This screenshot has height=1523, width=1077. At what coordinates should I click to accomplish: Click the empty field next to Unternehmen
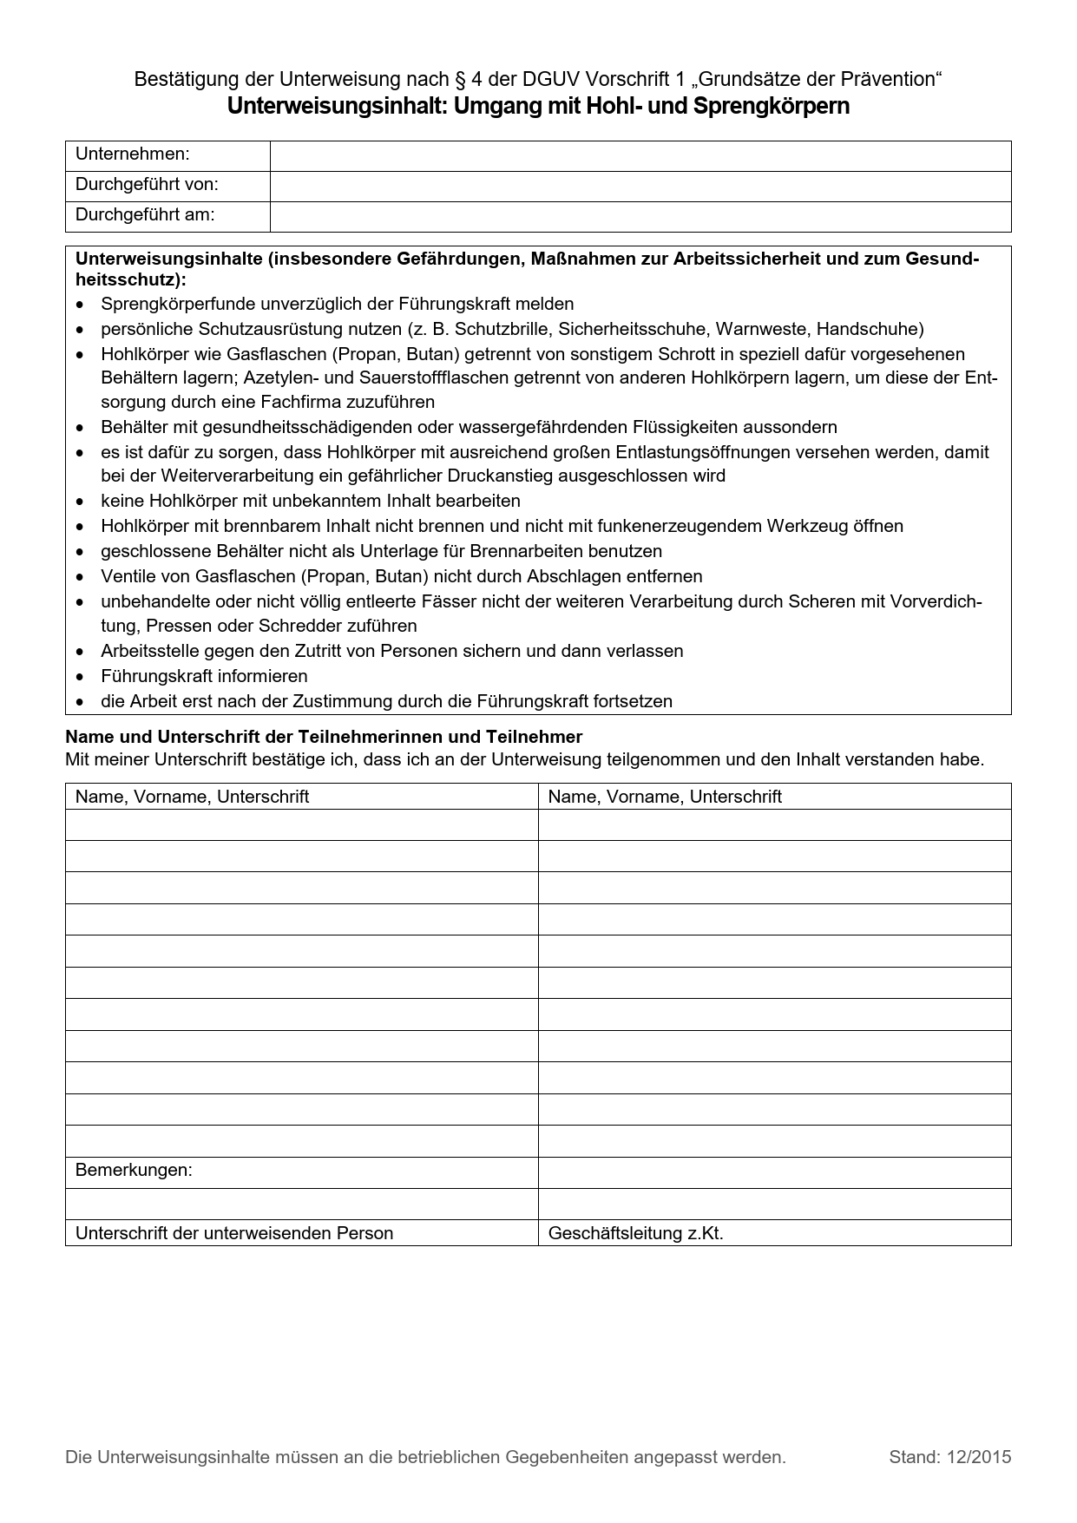coord(640,156)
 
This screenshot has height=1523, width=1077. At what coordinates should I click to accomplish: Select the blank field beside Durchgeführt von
coord(640,186)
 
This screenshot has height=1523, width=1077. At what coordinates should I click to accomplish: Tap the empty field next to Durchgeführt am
coord(640,216)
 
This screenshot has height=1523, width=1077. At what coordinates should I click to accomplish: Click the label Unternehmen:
coord(132,154)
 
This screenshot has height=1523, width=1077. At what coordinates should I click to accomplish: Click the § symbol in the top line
coord(459,80)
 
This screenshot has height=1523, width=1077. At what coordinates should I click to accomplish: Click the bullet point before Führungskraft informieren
coord(81,677)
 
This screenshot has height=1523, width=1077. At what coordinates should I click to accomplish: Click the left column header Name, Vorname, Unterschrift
coord(192,797)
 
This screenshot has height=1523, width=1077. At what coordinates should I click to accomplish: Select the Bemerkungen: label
coord(134,1170)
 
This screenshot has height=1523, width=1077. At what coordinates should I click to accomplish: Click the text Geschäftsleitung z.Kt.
coord(635,1233)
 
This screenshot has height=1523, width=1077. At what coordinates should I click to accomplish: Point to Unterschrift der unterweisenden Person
coord(234,1233)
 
